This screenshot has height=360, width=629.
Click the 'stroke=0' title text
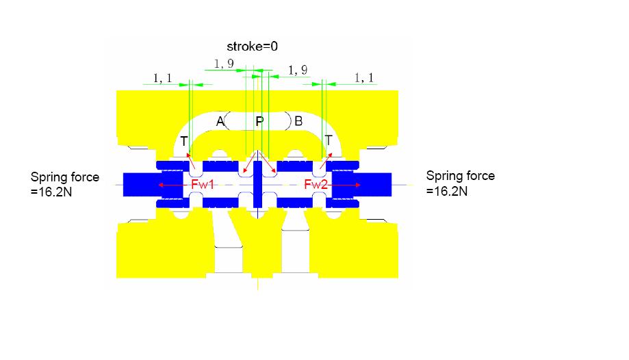[252, 47]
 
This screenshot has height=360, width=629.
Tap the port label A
[220, 121]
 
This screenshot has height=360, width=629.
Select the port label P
[259, 121]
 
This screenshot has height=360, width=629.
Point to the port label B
[298, 121]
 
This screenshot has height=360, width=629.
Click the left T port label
[183, 141]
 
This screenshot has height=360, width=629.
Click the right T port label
[329, 140]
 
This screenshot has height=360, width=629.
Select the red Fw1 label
[203, 185]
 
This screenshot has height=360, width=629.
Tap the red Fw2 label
[316, 185]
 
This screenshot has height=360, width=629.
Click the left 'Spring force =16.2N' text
[64, 184]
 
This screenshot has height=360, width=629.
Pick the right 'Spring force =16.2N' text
[460, 183]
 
